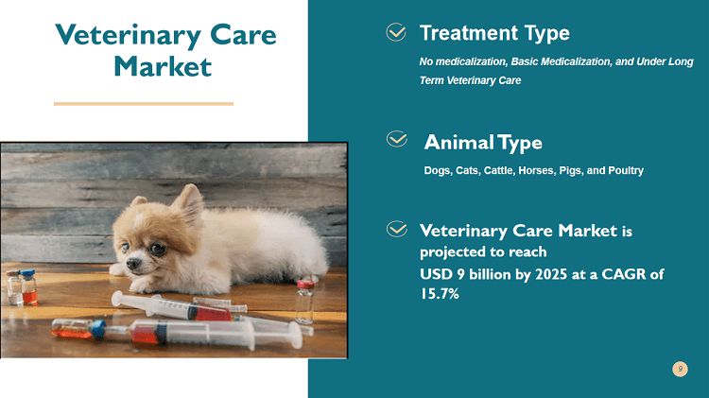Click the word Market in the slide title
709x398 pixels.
tap(162, 67)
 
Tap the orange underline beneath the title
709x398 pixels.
tap(144, 103)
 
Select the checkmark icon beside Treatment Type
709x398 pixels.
tap(397, 34)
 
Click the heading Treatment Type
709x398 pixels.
tap(494, 34)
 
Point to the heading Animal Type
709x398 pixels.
tap(483, 143)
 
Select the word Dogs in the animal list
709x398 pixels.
tap(437, 171)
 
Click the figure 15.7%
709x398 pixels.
tap(440, 294)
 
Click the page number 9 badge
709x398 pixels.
tap(680, 368)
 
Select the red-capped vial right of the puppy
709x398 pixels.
tap(304, 301)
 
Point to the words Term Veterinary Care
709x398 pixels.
tap(470, 80)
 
